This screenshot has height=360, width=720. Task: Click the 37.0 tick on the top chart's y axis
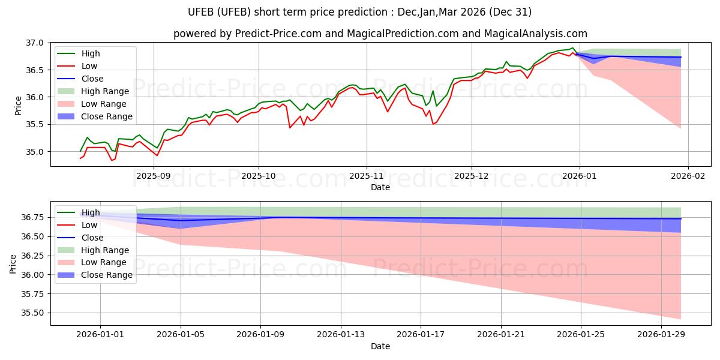point(35,43)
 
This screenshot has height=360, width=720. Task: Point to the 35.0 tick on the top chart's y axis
point(35,152)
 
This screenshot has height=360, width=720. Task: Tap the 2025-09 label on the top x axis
point(154,176)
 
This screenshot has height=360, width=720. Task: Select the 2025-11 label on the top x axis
point(366,176)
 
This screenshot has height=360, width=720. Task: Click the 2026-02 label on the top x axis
point(688,176)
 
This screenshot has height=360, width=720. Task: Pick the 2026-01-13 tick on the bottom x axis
point(341,335)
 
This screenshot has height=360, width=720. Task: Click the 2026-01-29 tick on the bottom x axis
point(661,335)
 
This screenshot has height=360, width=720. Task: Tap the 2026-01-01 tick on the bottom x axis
point(101,335)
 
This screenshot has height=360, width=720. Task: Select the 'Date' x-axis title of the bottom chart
point(380,346)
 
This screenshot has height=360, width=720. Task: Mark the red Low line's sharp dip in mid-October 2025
point(290,128)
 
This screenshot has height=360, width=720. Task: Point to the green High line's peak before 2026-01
point(572,48)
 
